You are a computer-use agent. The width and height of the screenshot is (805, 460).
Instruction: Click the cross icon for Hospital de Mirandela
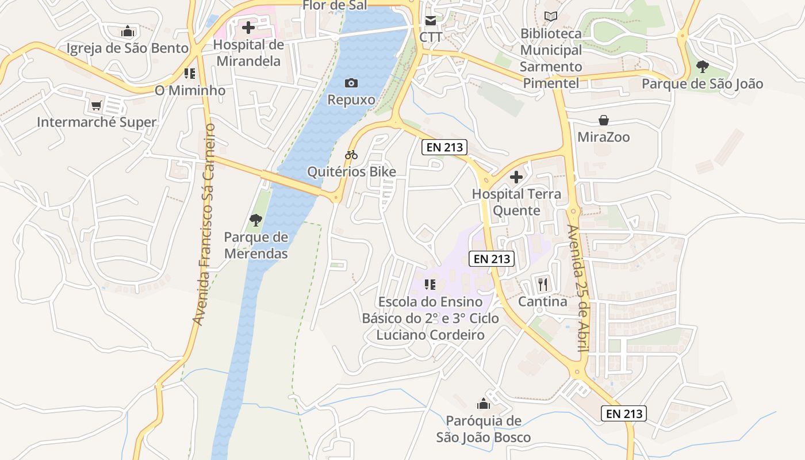(248, 27)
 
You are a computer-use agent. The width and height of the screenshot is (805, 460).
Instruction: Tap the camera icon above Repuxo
(351, 83)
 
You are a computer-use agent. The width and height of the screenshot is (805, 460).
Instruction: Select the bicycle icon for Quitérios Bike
(351, 155)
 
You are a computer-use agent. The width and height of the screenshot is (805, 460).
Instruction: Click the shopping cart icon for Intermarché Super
(97, 106)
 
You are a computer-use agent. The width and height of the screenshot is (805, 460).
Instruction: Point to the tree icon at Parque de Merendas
(256, 220)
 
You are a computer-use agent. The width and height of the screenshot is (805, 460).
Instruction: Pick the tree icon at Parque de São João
(702, 67)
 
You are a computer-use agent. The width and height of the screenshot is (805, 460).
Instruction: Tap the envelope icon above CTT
(431, 21)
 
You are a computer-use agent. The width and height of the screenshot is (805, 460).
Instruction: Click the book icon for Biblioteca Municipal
(551, 17)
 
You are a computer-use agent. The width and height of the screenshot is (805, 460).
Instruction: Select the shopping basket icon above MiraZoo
(604, 120)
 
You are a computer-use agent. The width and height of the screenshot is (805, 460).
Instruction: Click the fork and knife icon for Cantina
(542, 283)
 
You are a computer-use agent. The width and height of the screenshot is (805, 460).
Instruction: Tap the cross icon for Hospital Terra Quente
(516, 177)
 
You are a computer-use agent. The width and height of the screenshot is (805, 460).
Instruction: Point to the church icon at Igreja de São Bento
(128, 31)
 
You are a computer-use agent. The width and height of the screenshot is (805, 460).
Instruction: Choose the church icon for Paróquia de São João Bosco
(484, 404)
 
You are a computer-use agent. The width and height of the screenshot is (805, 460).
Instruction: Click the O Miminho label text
(190, 90)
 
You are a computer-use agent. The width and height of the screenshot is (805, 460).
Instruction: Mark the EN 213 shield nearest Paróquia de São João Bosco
(624, 413)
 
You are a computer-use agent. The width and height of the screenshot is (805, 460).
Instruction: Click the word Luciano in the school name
(401, 335)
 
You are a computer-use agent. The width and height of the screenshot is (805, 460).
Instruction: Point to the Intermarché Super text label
(97, 122)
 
